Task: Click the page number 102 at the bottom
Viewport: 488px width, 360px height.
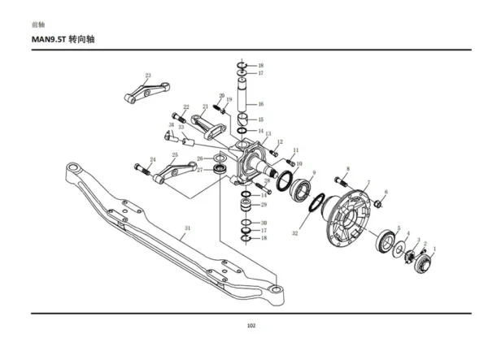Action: pyautogui.click(x=251, y=325)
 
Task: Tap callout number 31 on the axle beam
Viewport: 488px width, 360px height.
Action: pyautogui.click(x=187, y=228)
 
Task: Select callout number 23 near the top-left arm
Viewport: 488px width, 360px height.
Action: pyautogui.click(x=148, y=76)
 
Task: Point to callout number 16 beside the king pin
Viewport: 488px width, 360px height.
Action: pyautogui.click(x=260, y=104)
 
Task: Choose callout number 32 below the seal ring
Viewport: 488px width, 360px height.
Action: pyautogui.click(x=295, y=233)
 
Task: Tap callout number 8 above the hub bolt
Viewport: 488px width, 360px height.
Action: pyautogui.click(x=347, y=169)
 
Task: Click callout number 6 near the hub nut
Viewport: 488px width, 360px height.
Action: pyautogui.click(x=386, y=192)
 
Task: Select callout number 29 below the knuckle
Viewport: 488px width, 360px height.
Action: pyautogui.click(x=264, y=205)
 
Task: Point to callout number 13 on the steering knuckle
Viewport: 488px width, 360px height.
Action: pyautogui.click(x=268, y=133)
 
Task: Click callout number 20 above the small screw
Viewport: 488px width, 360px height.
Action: pyautogui.click(x=220, y=95)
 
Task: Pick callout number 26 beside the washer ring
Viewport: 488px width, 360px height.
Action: pyautogui.click(x=200, y=158)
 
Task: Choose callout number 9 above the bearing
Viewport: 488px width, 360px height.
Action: pyautogui.click(x=313, y=173)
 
